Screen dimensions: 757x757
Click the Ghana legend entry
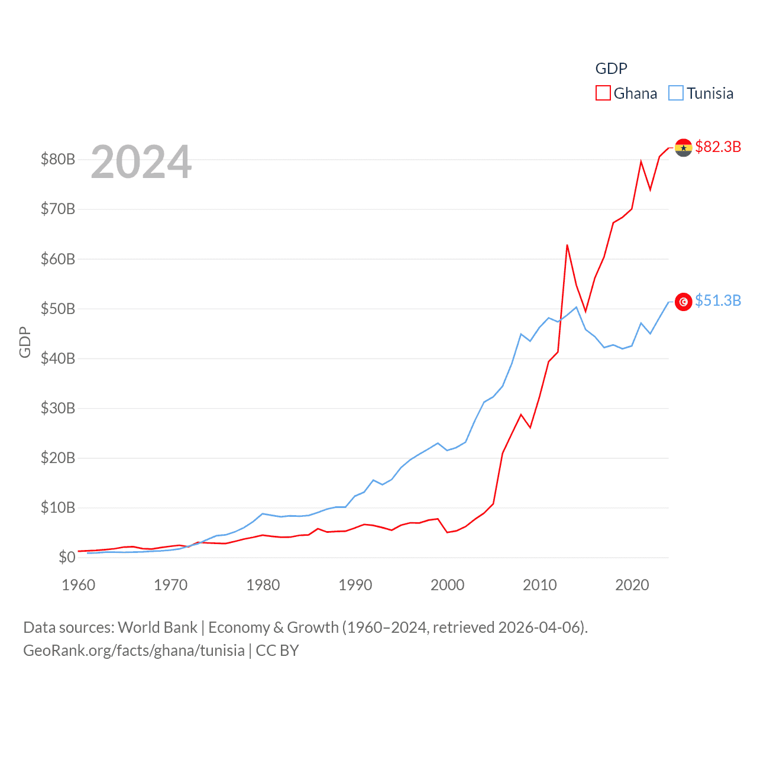click(627, 93)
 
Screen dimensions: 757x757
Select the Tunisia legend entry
click(701, 93)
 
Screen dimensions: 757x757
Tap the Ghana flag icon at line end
click(683, 147)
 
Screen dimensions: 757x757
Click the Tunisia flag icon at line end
click(683, 302)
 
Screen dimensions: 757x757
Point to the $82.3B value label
click(718, 147)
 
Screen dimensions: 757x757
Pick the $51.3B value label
click(718, 300)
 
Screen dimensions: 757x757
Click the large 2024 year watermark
click(141, 161)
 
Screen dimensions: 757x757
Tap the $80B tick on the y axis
click(58, 159)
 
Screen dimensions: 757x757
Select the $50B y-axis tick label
click(58, 309)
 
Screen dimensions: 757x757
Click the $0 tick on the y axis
click(66, 557)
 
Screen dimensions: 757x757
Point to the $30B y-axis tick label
click(58, 408)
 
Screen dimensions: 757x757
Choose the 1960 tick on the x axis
click(79, 585)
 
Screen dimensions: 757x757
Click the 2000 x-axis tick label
click(448, 585)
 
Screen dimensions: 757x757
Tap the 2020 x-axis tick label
click(632, 585)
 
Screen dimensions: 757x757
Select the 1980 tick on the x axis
click(263, 585)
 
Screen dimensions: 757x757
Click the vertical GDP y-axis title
click(25, 342)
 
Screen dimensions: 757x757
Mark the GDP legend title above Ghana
click(611, 69)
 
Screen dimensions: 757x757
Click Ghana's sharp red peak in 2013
click(567, 245)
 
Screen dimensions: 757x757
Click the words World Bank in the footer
click(157, 627)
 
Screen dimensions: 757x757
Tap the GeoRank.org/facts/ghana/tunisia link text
click(134, 651)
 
